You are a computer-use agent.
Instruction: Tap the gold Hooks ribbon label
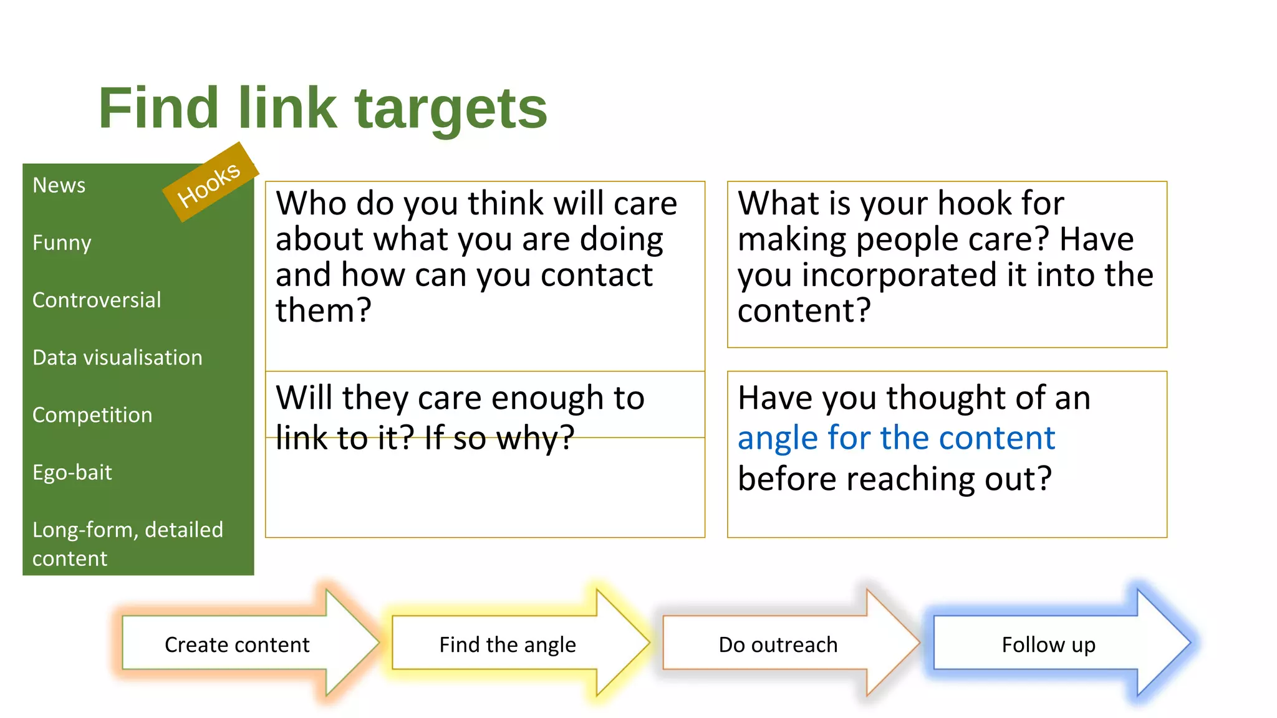coord(210,183)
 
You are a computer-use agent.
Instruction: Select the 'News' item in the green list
coord(59,186)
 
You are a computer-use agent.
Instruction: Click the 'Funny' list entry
coord(62,243)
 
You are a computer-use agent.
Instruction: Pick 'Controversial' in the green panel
coord(97,300)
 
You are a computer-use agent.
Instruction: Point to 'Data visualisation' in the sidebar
coord(117,358)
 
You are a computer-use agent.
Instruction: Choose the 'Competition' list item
coord(92,415)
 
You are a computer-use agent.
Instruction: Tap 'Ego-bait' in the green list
coord(72,472)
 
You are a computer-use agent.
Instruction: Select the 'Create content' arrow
coord(237,644)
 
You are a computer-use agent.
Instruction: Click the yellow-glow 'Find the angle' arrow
coord(508,644)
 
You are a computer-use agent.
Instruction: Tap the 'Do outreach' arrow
coord(778,644)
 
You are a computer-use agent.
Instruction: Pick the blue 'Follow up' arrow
coord(1048,644)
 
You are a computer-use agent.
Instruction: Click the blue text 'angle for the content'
coord(896,438)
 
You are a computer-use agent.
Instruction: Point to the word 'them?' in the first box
coord(324,310)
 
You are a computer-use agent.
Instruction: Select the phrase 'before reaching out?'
coord(895,479)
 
